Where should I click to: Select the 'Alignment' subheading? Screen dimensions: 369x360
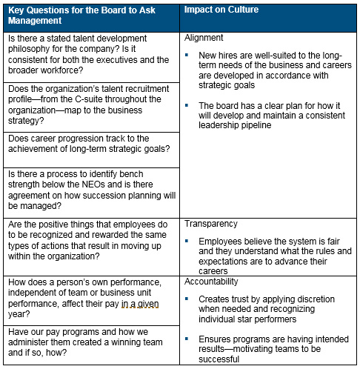click(x=205, y=37)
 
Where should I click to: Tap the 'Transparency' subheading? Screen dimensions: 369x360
click(x=212, y=224)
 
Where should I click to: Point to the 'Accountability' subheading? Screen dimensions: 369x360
click(x=214, y=282)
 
